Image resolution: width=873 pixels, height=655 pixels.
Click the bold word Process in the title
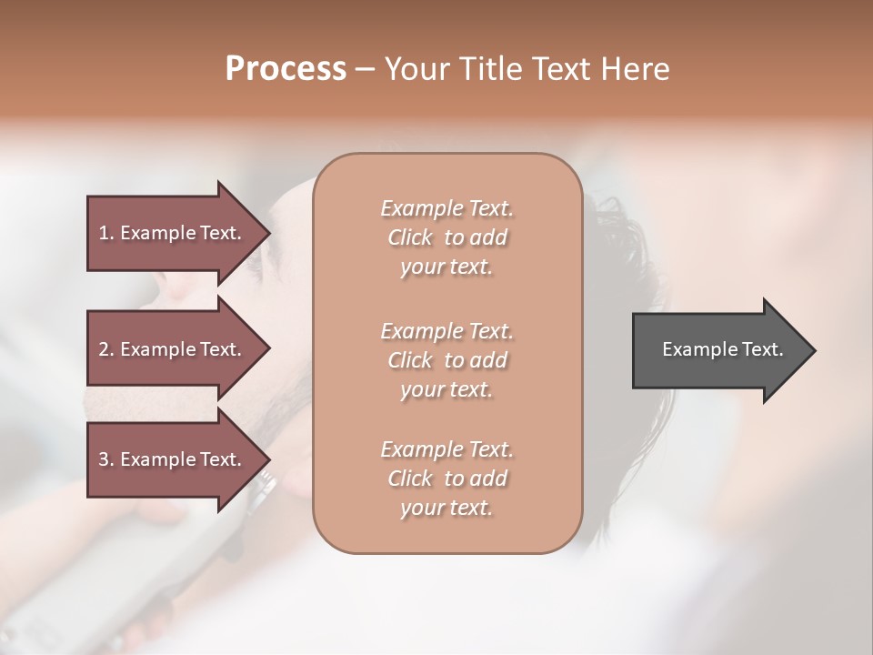tap(286, 69)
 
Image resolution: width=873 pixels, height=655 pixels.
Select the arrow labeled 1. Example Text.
tap(170, 233)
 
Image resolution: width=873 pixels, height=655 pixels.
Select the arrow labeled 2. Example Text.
tap(170, 349)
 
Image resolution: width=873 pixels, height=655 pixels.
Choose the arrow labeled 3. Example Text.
tap(170, 459)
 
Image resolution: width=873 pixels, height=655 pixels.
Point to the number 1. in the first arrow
tap(106, 233)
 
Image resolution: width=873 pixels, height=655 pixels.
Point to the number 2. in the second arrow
tap(106, 349)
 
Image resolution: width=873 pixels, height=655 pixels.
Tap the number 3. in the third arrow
tap(106, 459)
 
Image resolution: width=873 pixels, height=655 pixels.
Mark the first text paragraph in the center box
tap(447, 237)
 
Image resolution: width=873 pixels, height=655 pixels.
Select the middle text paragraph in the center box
tap(447, 360)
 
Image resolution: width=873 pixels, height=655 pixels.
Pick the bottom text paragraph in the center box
tap(447, 479)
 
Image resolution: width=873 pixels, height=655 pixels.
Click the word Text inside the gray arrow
tap(762, 349)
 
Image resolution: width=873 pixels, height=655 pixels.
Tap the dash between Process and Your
tap(366, 69)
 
